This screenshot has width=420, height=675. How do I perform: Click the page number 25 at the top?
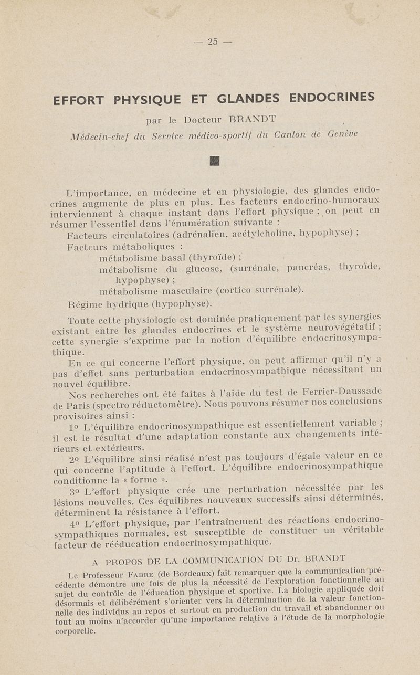coord(212,42)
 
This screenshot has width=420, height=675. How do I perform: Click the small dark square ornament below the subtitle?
coord(214,161)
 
